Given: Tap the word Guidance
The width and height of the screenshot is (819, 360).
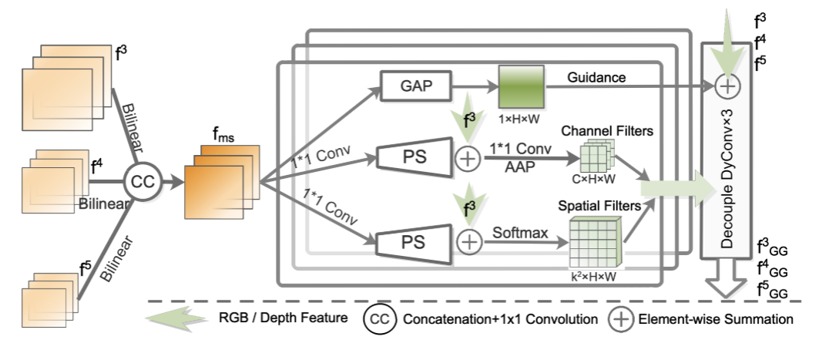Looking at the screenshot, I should (596, 77).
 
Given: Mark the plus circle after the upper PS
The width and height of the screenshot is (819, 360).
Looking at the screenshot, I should (468, 160).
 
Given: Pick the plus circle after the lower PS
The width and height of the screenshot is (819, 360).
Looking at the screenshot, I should (468, 241).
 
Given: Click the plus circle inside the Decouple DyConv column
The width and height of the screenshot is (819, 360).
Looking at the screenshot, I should (725, 87).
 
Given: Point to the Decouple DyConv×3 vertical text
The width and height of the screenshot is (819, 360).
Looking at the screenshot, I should (727, 182).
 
